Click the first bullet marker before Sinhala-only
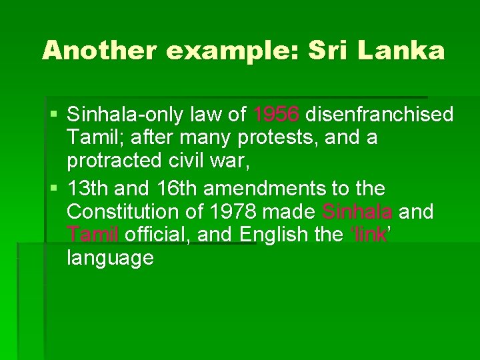(54, 115)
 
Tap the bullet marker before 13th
(54, 188)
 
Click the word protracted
(114, 161)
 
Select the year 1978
(233, 212)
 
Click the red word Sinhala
(357, 212)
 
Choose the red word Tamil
(93, 235)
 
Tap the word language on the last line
(111, 258)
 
